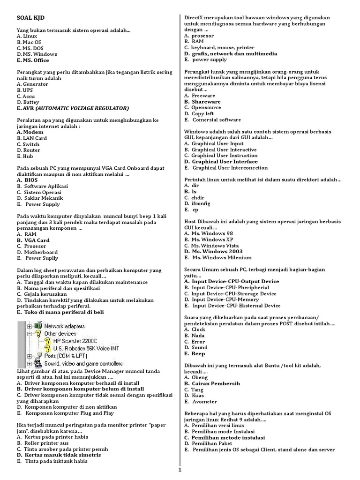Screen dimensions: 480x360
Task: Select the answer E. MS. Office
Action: point(33,60)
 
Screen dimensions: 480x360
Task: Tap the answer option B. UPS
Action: point(25,90)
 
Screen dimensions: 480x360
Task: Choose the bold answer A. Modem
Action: point(30,132)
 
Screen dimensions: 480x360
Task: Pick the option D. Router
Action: point(28,150)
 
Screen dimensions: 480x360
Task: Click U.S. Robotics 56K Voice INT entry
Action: point(86,348)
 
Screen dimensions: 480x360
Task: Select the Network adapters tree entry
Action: point(65,326)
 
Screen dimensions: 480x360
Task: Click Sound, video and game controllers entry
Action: point(83,363)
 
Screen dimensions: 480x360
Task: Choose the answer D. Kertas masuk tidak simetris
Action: point(59,455)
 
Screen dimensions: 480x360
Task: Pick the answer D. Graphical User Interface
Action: point(221,161)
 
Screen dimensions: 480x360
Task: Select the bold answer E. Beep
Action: point(195,353)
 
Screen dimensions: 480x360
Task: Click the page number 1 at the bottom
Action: point(180,470)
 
